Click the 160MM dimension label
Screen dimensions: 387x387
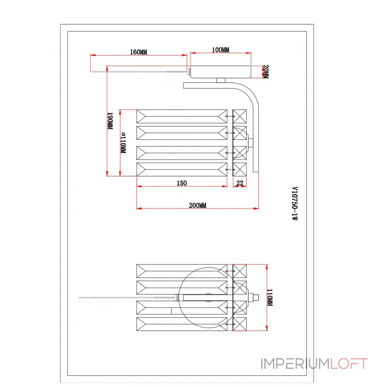coord(139,52)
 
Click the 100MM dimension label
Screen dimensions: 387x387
coord(221,50)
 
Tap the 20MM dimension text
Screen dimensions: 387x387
coord(265,73)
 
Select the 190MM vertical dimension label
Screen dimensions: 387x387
coord(110,121)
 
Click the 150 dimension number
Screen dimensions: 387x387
coord(181,183)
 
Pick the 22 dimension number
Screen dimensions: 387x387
coord(239,183)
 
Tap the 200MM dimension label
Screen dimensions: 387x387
coord(197,205)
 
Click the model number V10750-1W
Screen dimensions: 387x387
coord(295,204)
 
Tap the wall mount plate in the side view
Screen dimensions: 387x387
coord(221,72)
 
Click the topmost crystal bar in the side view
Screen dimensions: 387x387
coord(182,116)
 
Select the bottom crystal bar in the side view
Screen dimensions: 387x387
coord(182,169)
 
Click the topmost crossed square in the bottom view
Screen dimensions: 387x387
coord(239,270)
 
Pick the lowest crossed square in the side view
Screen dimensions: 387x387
coord(239,169)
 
